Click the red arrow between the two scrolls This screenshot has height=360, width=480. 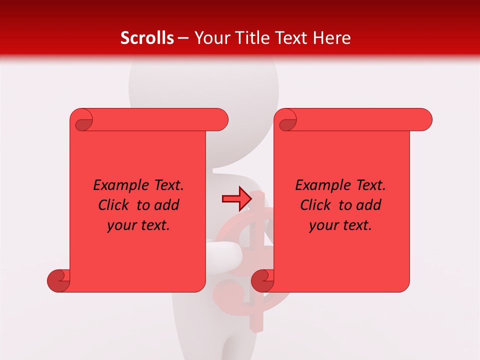click(x=236, y=199)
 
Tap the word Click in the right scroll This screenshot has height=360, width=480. click(x=315, y=205)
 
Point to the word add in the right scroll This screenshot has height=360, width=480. click(x=368, y=205)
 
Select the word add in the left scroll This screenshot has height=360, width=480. click(x=166, y=205)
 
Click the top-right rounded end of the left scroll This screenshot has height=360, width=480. click(x=220, y=120)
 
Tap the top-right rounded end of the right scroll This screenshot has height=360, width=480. click(x=424, y=120)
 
